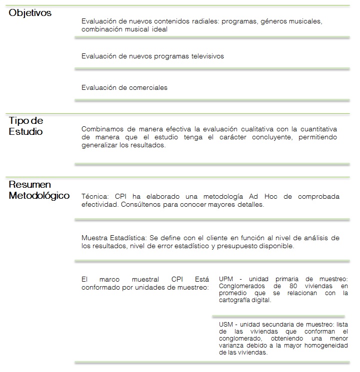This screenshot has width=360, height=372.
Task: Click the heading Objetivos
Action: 30,12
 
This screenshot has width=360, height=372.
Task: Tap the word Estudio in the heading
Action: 25,132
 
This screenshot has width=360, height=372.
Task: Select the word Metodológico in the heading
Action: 39,195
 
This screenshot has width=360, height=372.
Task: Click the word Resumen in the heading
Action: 30,185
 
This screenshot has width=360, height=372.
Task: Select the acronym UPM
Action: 227,279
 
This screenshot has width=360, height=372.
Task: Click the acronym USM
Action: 227,324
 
